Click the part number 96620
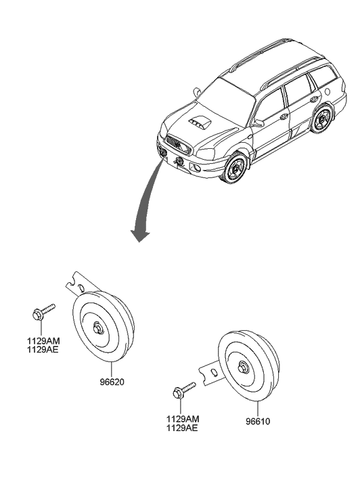[x=112, y=382]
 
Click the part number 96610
[x=258, y=422]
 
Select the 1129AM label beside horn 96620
[x=43, y=341]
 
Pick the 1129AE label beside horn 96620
[x=43, y=350]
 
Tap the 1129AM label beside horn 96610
[x=183, y=419]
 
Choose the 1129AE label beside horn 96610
[x=182, y=428]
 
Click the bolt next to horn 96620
[x=43, y=311]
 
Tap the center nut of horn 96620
[x=99, y=328]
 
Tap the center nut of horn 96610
[x=243, y=367]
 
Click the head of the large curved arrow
[x=140, y=236]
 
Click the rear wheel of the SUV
[x=322, y=119]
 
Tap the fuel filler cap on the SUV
[x=329, y=91]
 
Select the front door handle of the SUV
[x=284, y=116]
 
